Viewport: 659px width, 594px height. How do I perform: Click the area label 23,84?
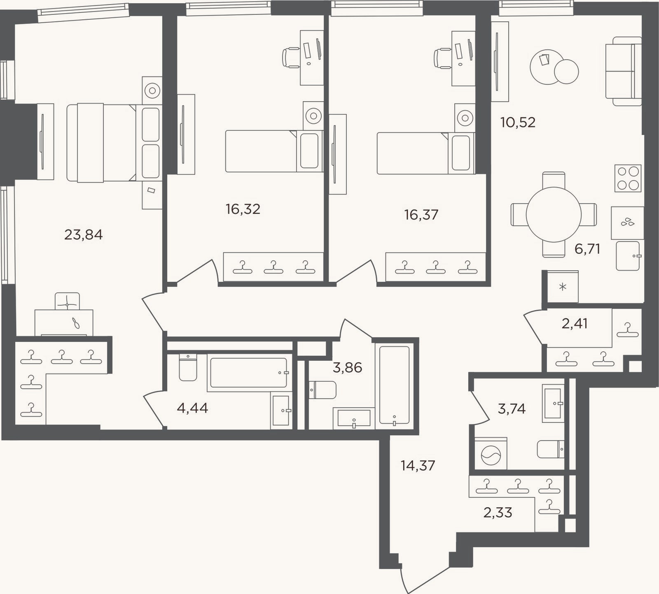84,235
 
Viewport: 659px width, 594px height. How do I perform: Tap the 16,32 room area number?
243,209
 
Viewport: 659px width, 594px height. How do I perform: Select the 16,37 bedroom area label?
421,215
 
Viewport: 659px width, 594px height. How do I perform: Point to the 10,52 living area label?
518,123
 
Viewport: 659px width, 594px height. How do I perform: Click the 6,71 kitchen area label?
587,249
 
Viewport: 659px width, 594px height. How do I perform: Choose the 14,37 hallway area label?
418,466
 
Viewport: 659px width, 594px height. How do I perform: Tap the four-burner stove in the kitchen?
628,178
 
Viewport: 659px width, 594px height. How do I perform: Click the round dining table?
554,214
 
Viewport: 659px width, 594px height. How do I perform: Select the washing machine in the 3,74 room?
491,453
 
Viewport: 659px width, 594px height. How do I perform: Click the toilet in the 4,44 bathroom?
188,367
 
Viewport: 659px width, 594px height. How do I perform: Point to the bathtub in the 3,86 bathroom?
395,385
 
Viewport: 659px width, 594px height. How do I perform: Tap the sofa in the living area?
624,71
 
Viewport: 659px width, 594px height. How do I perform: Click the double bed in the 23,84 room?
114,142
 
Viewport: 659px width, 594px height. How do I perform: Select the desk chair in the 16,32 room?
291,58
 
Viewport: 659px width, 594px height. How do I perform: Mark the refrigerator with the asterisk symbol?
563,287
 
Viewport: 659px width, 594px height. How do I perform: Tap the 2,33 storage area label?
498,513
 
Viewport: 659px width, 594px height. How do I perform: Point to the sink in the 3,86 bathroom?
354,418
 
